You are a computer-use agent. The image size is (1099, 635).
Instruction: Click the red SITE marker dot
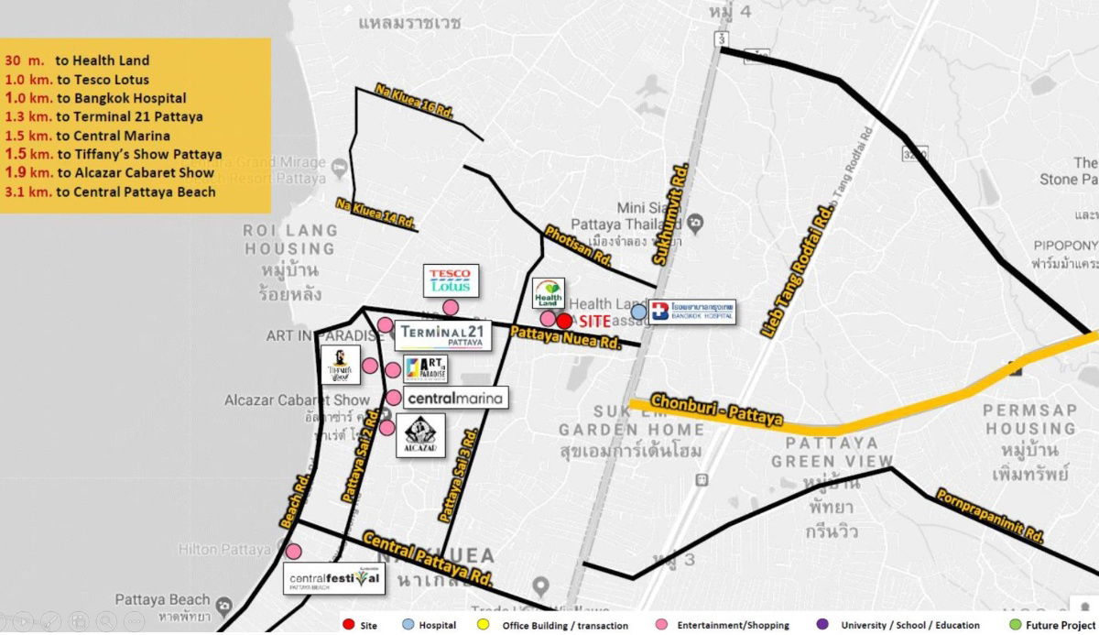point(564,321)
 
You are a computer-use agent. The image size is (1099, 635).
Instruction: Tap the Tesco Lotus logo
point(451,280)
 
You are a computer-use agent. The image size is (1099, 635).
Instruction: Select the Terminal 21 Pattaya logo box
point(442,336)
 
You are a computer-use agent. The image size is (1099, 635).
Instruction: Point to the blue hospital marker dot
point(638,312)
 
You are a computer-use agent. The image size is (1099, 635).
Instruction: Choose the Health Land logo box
point(549,293)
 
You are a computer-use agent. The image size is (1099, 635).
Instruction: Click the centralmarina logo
point(455,398)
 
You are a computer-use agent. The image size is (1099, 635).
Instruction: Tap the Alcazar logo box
point(420,435)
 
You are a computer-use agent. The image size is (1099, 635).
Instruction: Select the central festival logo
point(333,578)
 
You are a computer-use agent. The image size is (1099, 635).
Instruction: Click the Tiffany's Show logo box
point(339,366)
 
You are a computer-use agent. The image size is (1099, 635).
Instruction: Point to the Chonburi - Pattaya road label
point(717,410)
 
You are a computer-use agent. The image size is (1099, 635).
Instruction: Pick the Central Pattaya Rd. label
point(428,557)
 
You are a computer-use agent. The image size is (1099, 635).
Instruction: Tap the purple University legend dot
point(822,625)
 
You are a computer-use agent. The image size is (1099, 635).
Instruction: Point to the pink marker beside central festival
point(293,552)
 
